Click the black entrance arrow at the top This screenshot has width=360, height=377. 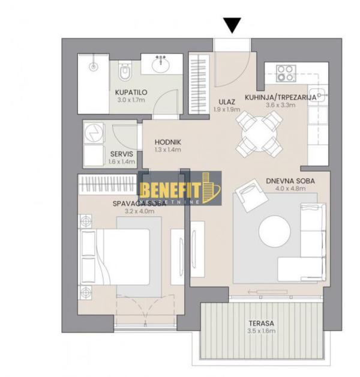point(232,25)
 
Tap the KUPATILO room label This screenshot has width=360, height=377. point(131,92)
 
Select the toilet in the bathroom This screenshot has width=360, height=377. point(124,74)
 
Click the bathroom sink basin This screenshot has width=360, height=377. point(161,64)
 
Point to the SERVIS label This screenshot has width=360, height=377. point(105,154)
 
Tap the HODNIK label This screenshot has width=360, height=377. point(167,142)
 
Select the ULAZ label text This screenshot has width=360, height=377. point(227,102)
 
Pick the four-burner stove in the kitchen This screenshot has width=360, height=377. point(287,73)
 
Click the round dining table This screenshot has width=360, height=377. point(257,134)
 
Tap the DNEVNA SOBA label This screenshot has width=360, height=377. point(290,180)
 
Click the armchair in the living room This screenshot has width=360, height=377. point(247,195)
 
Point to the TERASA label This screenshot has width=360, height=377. point(260,323)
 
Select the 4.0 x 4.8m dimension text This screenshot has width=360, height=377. point(290,188)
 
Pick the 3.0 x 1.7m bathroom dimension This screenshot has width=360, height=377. point(131,100)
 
